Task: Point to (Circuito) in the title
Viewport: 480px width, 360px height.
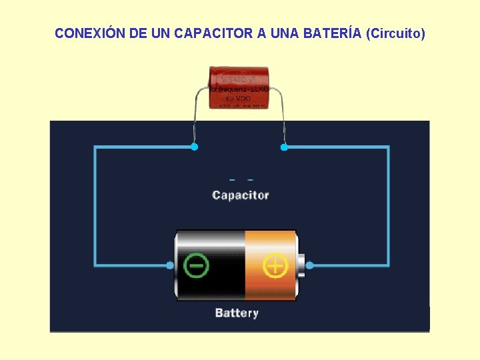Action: coord(395,33)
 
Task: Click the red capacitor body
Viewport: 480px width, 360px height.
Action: coord(239,87)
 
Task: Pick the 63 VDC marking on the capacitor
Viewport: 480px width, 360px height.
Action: coord(239,97)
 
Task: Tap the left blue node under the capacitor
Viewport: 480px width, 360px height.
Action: coord(194,147)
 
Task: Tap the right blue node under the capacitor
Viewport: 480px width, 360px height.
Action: coord(284,147)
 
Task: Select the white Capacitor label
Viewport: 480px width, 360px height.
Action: coord(240,195)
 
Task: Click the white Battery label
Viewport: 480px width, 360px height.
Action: coord(237,313)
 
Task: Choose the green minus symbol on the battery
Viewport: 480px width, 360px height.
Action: coord(196,265)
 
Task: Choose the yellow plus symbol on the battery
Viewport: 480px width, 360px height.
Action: coord(275,265)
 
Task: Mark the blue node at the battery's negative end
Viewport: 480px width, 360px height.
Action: coord(170,265)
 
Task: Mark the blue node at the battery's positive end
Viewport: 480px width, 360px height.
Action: coord(309,265)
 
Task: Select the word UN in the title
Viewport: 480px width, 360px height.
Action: coord(161,33)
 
